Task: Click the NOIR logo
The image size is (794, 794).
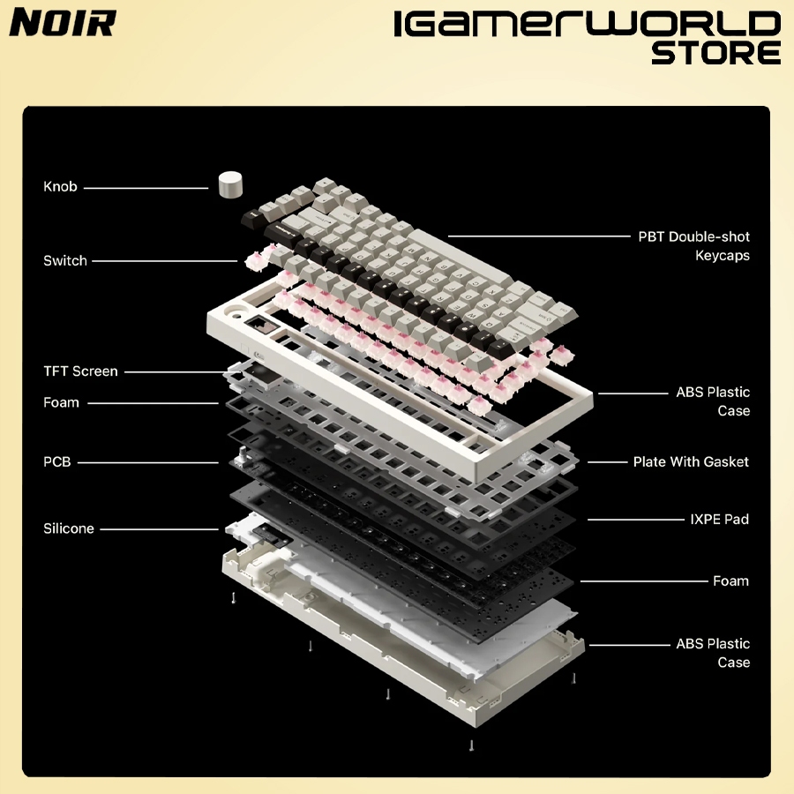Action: click(62, 23)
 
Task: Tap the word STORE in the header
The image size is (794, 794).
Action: click(715, 52)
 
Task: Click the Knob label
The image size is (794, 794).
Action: click(60, 187)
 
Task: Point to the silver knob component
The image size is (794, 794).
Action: click(231, 184)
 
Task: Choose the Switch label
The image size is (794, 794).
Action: click(65, 261)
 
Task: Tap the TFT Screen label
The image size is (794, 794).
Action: click(80, 371)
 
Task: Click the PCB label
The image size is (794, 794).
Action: click(56, 461)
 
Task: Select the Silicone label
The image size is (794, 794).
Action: click(69, 529)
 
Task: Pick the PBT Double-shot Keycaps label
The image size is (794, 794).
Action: click(694, 246)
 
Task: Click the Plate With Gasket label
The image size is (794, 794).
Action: click(691, 461)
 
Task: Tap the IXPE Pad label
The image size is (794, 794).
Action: click(719, 520)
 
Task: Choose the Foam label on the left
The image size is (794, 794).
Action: click(62, 403)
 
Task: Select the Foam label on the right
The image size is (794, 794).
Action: click(730, 581)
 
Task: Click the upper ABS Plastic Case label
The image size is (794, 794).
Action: click(713, 401)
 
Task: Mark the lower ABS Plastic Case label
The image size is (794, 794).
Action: click(713, 653)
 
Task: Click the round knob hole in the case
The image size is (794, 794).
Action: click(236, 313)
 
